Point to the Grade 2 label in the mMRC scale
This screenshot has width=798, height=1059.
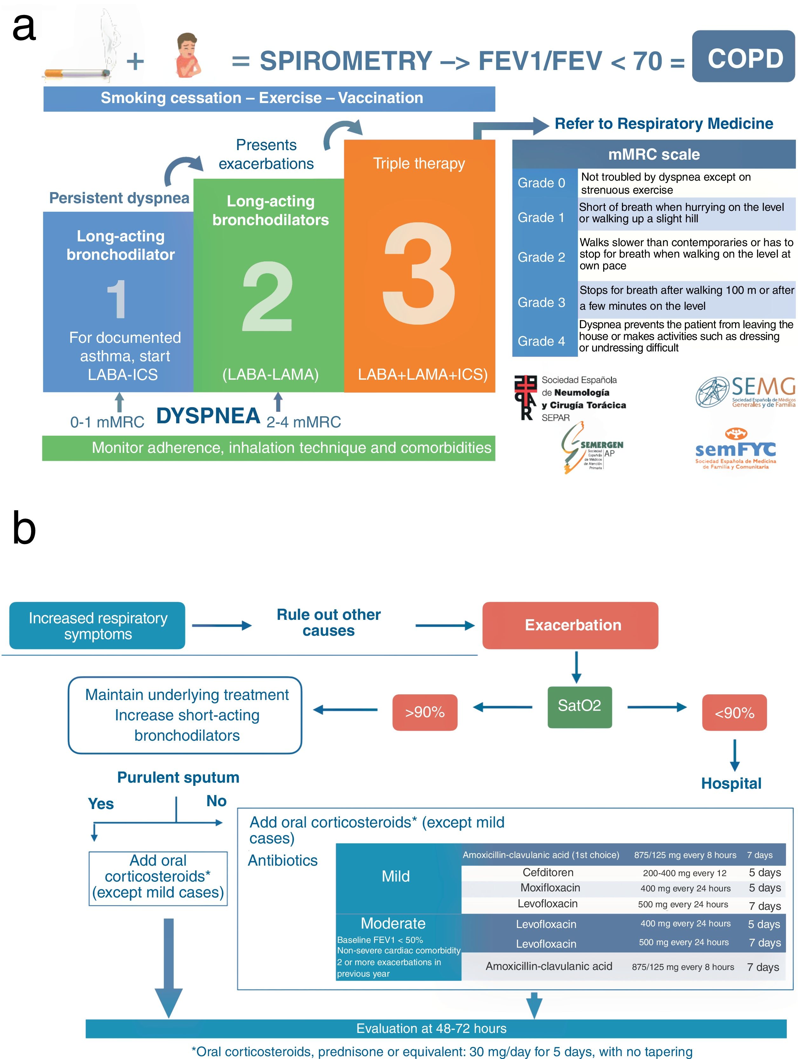[541, 257]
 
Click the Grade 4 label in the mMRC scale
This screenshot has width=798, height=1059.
[541, 341]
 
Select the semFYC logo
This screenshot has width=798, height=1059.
[735, 449]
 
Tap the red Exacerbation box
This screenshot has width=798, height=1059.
[570, 625]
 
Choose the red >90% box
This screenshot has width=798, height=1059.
[425, 712]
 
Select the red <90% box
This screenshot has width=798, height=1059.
[734, 712]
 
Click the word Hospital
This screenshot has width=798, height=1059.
[731, 783]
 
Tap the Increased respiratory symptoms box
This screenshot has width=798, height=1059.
[97, 625]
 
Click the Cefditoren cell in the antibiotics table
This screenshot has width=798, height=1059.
[548, 872]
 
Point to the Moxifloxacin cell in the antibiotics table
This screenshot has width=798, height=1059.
[550, 888]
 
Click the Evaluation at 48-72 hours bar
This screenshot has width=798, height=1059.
[436, 1028]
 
